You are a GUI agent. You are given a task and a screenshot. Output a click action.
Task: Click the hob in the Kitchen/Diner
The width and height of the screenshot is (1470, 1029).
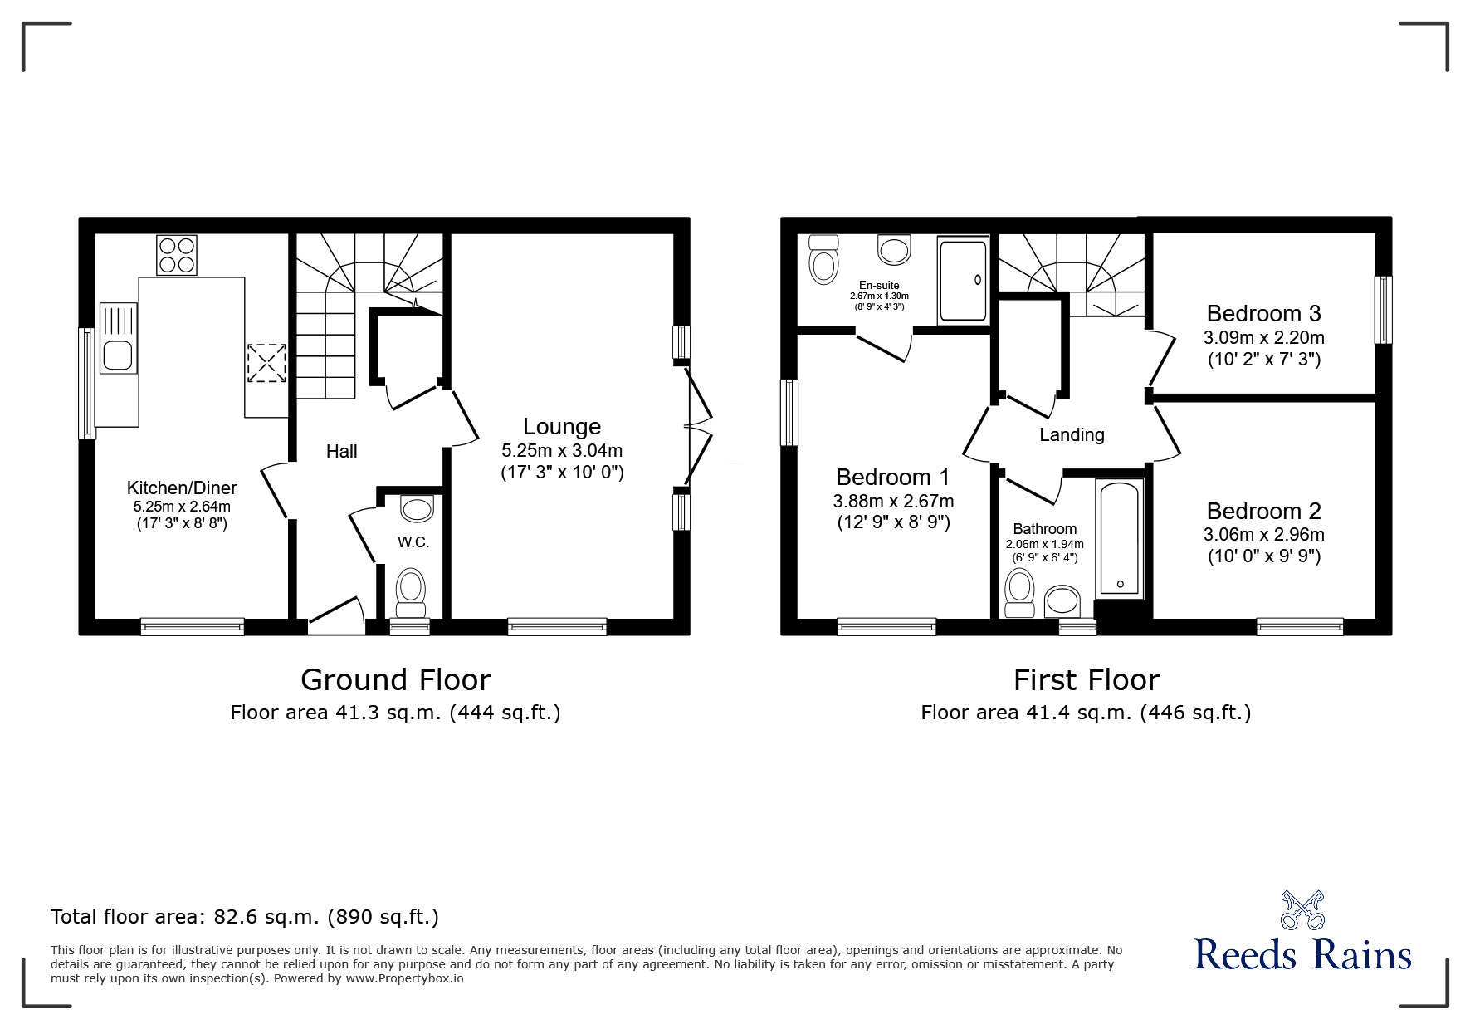click(177, 255)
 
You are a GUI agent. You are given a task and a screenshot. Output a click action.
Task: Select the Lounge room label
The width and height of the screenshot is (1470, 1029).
click(562, 426)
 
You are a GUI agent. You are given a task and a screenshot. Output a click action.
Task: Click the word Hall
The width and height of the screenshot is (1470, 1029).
click(342, 451)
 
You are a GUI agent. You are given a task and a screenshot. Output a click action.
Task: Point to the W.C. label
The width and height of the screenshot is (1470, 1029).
click(413, 542)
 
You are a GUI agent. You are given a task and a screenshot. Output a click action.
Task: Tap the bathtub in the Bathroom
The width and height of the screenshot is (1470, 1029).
click(1120, 538)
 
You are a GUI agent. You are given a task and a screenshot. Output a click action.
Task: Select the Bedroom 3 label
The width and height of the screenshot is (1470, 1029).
click(1263, 313)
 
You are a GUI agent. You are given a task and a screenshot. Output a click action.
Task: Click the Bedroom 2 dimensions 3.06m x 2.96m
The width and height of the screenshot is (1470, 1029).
click(1264, 535)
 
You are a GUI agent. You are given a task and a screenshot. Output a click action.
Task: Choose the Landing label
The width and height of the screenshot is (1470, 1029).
click(1072, 434)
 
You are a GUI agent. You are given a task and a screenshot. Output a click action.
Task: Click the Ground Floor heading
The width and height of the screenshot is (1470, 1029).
click(396, 679)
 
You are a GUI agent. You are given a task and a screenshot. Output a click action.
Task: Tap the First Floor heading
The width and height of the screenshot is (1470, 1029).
click(1086, 679)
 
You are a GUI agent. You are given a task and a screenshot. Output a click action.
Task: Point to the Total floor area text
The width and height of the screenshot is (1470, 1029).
click(245, 917)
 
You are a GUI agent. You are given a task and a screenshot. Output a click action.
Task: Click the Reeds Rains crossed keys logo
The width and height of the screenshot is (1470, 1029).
click(1303, 910)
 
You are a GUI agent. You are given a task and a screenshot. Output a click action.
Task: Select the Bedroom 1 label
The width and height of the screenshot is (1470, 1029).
click(893, 477)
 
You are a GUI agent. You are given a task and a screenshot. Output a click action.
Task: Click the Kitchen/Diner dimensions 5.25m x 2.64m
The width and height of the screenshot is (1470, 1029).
click(182, 506)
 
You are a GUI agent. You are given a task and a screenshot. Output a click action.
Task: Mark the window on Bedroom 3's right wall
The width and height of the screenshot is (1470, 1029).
click(1383, 310)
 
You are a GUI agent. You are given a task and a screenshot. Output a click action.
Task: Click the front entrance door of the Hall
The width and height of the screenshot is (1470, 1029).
click(336, 616)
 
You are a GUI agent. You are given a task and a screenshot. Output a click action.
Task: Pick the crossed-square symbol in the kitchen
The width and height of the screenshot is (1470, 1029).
click(266, 363)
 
